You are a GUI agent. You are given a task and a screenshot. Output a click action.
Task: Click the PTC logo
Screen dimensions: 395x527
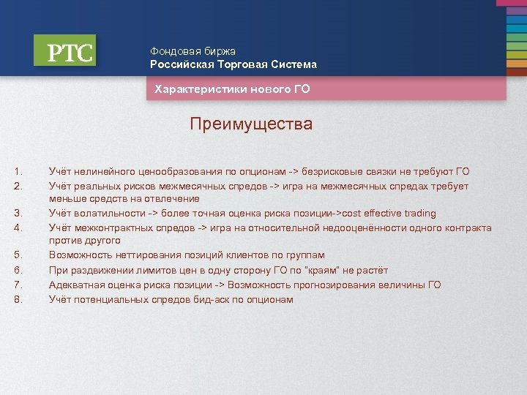tap(64, 51)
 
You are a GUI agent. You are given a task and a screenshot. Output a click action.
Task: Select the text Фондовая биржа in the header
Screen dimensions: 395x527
tap(193, 51)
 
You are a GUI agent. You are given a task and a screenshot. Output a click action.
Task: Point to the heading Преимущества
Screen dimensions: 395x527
tap(250, 124)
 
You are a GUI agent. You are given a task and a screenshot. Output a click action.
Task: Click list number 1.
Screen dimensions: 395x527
tap(18, 172)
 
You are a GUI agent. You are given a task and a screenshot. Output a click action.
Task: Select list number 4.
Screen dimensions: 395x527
tap(18, 227)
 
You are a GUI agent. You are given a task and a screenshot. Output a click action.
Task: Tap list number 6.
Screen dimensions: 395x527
tap(18, 271)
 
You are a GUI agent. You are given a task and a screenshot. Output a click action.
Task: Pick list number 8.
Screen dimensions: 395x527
tap(18, 299)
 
